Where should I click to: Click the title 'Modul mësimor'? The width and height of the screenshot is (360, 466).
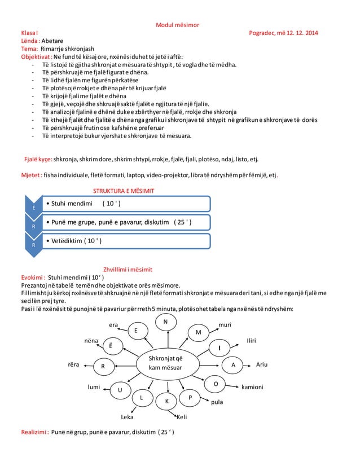(x=177, y=25)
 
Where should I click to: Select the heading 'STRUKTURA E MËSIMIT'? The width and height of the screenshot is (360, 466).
(x=124, y=191)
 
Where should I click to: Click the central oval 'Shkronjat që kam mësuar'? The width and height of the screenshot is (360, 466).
(x=165, y=363)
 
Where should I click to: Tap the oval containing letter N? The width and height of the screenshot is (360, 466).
(x=165, y=322)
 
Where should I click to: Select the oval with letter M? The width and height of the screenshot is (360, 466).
(x=198, y=332)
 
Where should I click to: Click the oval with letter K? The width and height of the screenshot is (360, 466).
(x=167, y=401)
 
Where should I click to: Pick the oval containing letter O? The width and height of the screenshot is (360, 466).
(x=216, y=384)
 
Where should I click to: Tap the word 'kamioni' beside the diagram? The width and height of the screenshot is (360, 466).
(x=252, y=388)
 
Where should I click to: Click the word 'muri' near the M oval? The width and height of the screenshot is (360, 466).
(x=225, y=326)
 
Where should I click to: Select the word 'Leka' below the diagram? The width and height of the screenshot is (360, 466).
(x=128, y=417)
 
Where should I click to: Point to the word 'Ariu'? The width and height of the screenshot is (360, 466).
(x=262, y=364)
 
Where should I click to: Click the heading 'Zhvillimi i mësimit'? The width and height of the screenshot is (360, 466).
(x=128, y=270)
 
